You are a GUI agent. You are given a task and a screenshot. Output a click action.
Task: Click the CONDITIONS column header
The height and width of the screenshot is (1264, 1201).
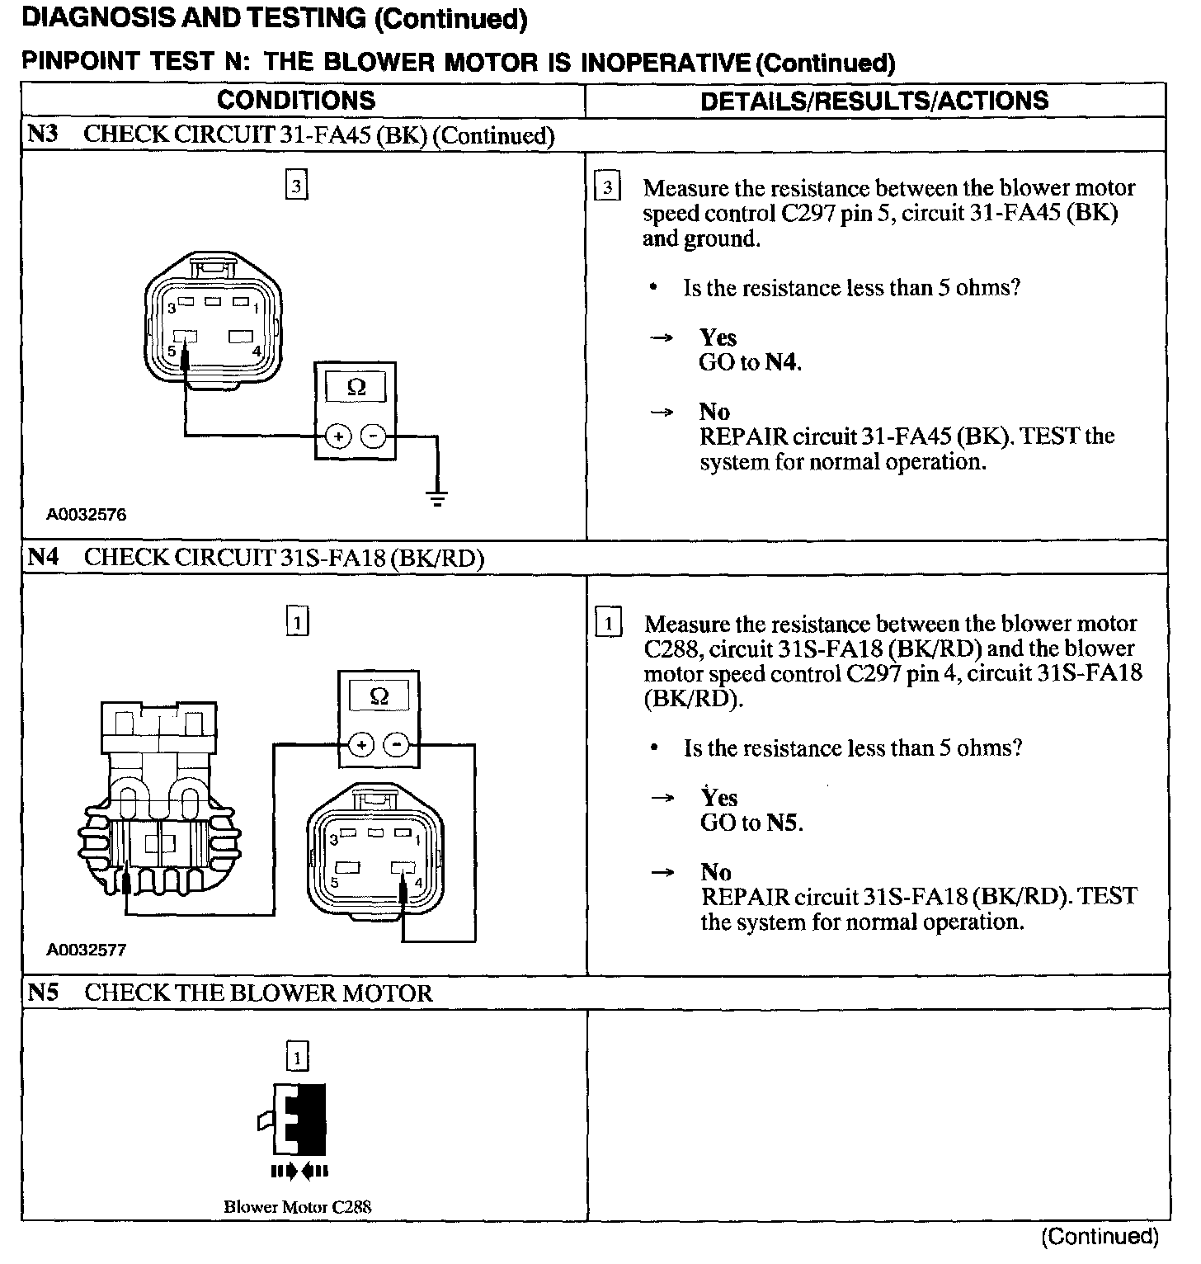click(x=296, y=101)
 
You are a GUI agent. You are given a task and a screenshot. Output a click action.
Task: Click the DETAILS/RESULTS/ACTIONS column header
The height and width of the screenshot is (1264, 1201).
click(x=874, y=101)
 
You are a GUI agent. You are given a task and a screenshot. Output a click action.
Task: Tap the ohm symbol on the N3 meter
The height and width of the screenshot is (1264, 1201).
click(x=356, y=387)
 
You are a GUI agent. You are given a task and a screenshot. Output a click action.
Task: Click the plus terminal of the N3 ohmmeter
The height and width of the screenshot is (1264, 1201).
click(x=337, y=436)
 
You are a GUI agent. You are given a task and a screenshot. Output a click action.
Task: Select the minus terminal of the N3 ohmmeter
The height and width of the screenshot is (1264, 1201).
click(x=374, y=436)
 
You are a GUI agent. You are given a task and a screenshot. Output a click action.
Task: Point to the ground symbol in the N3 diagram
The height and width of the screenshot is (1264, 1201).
click(x=437, y=498)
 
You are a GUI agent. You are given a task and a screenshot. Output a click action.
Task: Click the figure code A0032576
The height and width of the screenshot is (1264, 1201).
click(x=87, y=515)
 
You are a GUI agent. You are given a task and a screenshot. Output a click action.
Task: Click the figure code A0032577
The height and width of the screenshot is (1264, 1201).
click(x=87, y=950)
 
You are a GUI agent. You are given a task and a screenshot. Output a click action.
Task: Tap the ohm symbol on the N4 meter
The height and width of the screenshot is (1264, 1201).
click(x=379, y=696)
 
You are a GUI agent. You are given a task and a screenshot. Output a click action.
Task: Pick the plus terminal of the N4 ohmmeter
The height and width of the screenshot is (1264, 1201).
click(x=360, y=745)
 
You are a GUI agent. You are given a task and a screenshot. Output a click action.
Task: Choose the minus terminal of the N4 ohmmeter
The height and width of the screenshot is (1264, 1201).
click(x=398, y=745)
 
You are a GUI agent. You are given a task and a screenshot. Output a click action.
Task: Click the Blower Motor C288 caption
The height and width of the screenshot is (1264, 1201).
click(x=297, y=1206)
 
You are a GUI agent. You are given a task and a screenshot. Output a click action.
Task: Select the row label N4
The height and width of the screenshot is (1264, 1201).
click(x=43, y=557)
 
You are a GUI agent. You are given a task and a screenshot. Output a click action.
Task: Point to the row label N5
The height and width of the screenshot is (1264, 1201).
click(x=43, y=992)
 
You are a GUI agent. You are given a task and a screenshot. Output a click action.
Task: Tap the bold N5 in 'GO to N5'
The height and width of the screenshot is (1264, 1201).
click(x=784, y=823)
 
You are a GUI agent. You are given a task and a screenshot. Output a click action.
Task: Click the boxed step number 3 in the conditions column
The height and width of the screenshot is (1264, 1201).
click(x=296, y=186)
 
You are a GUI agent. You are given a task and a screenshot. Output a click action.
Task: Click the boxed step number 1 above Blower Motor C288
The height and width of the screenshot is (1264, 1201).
click(x=297, y=1057)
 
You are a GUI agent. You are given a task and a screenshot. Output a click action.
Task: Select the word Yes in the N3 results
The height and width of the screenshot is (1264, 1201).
click(x=718, y=337)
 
